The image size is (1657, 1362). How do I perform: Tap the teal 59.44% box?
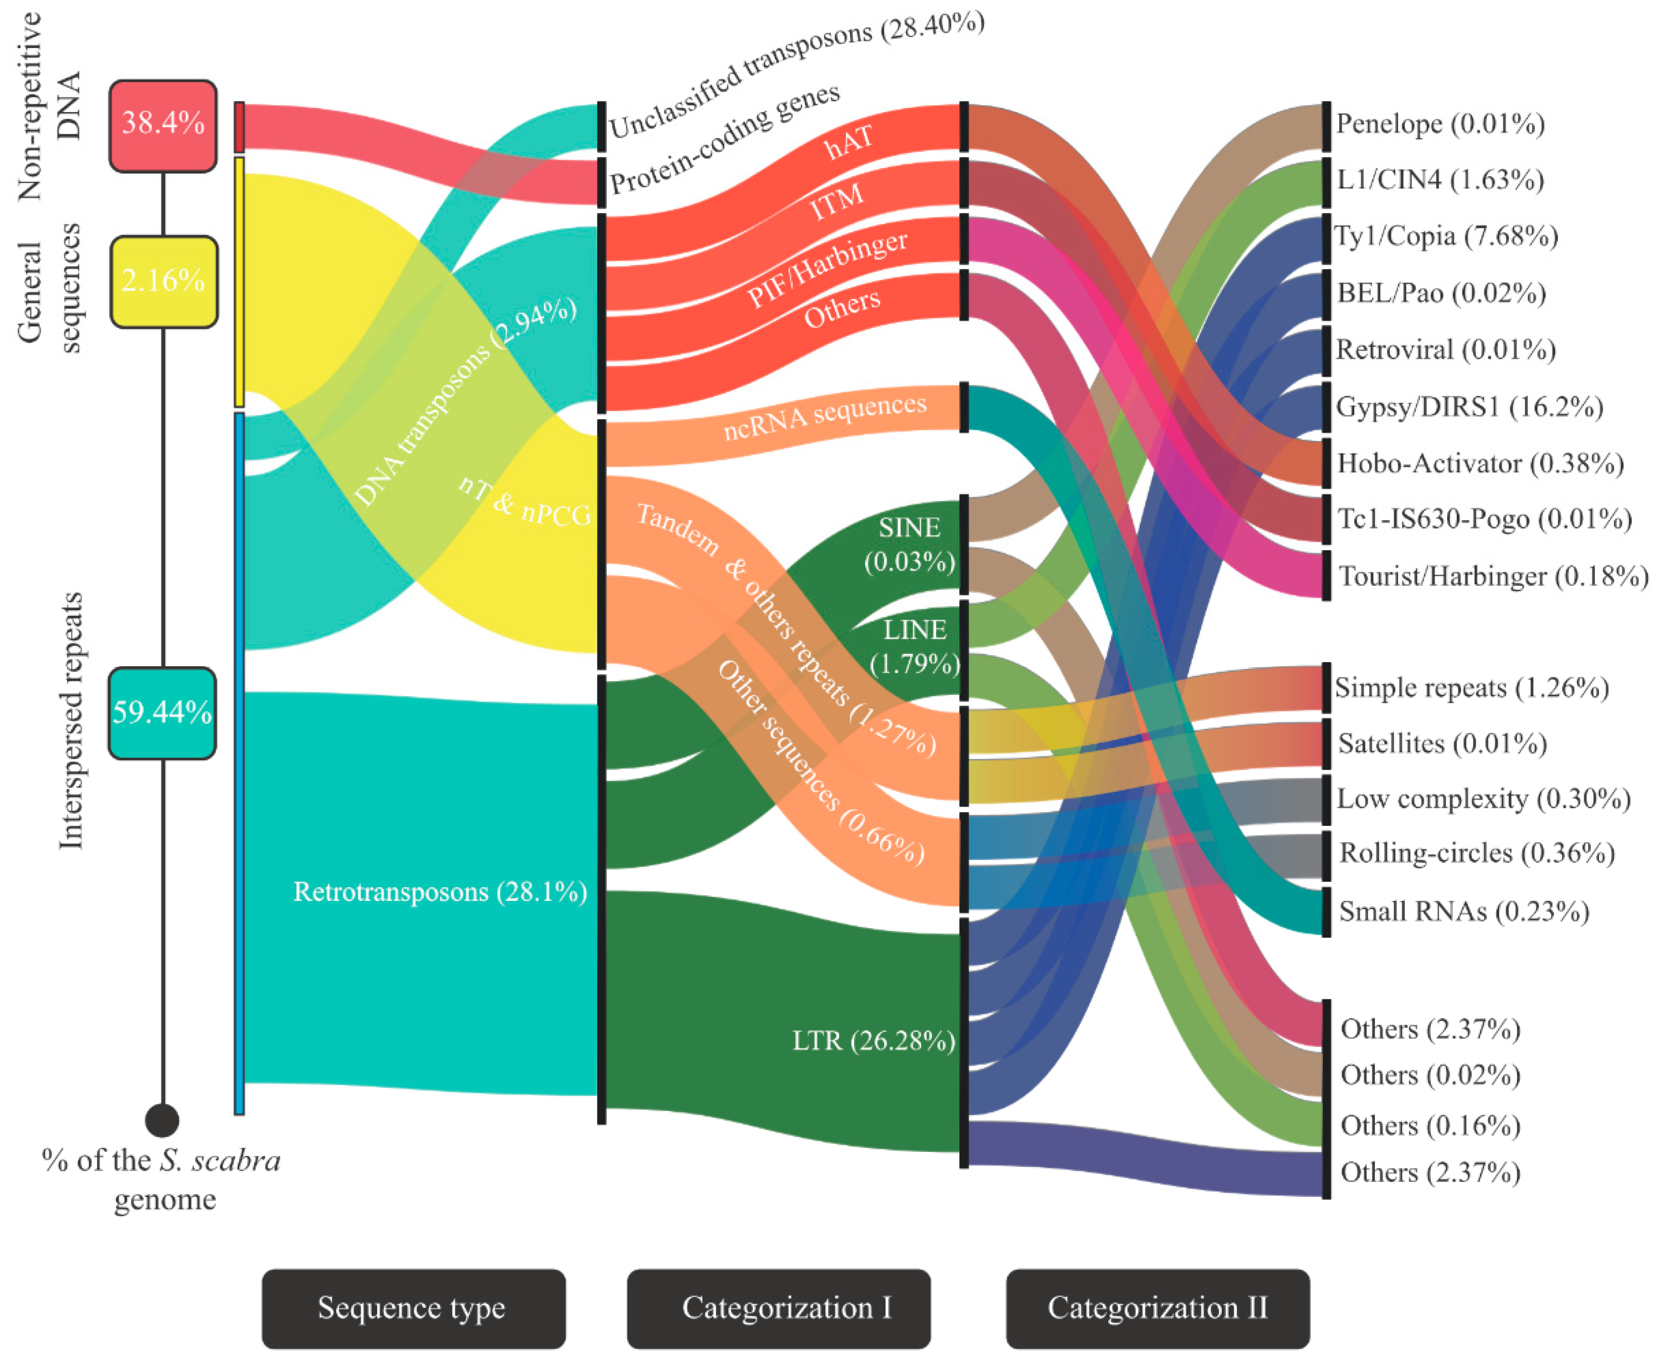point(162,712)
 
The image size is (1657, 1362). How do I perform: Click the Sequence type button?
point(413,1308)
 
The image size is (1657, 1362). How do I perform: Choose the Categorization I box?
point(777,1308)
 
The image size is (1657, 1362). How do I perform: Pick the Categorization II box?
point(1157,1308)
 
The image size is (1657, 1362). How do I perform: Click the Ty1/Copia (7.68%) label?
point(1446,236)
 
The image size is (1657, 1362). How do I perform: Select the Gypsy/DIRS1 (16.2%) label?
point(1469,407)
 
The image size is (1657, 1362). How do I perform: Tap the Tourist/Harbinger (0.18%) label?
point(1492,576)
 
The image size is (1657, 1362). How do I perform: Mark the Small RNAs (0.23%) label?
point(1463,911)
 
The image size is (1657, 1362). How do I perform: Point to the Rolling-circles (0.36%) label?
point(1476,853)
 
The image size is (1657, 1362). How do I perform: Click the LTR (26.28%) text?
point(873,1041)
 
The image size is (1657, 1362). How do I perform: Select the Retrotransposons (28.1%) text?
point(439,892)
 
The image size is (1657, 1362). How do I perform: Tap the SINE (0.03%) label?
point(910,545)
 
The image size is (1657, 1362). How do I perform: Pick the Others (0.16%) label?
point(1429,1125)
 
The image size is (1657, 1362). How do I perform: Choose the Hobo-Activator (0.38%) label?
point(1480,463)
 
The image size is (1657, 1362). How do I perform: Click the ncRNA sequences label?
point(824,417)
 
